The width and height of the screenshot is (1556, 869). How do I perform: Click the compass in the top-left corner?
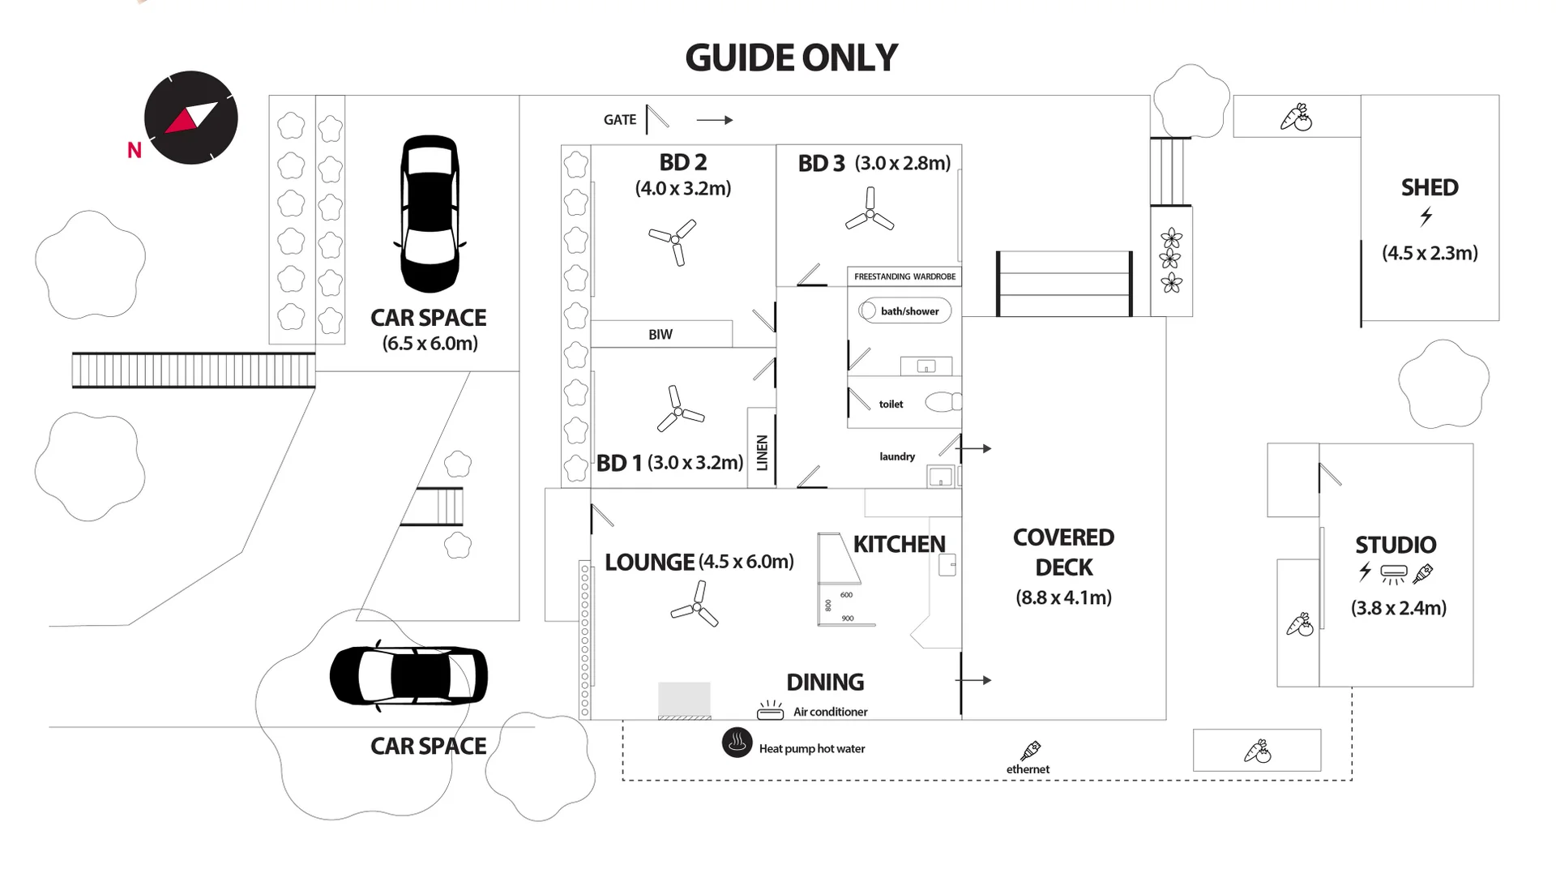[x=190, y=118]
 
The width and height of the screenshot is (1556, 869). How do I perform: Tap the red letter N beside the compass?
[x=135, y=150]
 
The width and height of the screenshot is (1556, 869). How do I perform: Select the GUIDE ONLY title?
[x=791, y=58]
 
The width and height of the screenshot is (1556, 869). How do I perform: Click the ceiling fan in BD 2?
[x=674, y=241]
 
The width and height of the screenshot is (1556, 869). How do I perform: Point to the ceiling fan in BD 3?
[x=870, y=210]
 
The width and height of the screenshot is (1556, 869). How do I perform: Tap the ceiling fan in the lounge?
[x=695, y=605]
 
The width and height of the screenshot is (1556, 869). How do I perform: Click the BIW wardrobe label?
[x=660, y=334]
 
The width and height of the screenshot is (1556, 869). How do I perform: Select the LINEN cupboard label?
[x=762, y=452]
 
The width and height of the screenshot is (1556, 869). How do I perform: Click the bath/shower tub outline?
[x=904, y=310]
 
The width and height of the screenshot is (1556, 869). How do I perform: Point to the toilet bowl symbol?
[x=943, y=401]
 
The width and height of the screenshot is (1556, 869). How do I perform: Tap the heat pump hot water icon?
[x=737, y=743]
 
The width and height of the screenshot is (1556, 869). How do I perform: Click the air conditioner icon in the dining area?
[x=770, y=710]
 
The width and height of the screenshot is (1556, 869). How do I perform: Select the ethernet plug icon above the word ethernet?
[x=1031, y=751]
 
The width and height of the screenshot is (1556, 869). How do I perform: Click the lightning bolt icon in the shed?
[x=1426, y=216]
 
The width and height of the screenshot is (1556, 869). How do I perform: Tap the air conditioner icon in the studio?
[x=1394, y=574]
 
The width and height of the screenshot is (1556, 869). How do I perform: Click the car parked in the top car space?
[x=430, y=214]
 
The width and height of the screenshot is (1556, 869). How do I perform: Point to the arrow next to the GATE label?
[x=715, y=120]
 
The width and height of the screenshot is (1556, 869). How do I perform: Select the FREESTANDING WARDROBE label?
[x=905, y=276]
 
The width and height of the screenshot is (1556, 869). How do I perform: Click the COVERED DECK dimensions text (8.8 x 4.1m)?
[x=1064, y=597]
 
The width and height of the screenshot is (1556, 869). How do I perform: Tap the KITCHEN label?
[x=900, y=544]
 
